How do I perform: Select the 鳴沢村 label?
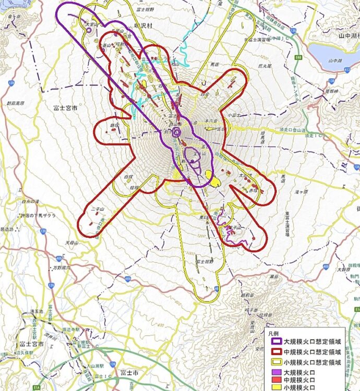[142, 25]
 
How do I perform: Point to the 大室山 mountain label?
[90, 23]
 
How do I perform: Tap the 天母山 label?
[71, 243]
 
